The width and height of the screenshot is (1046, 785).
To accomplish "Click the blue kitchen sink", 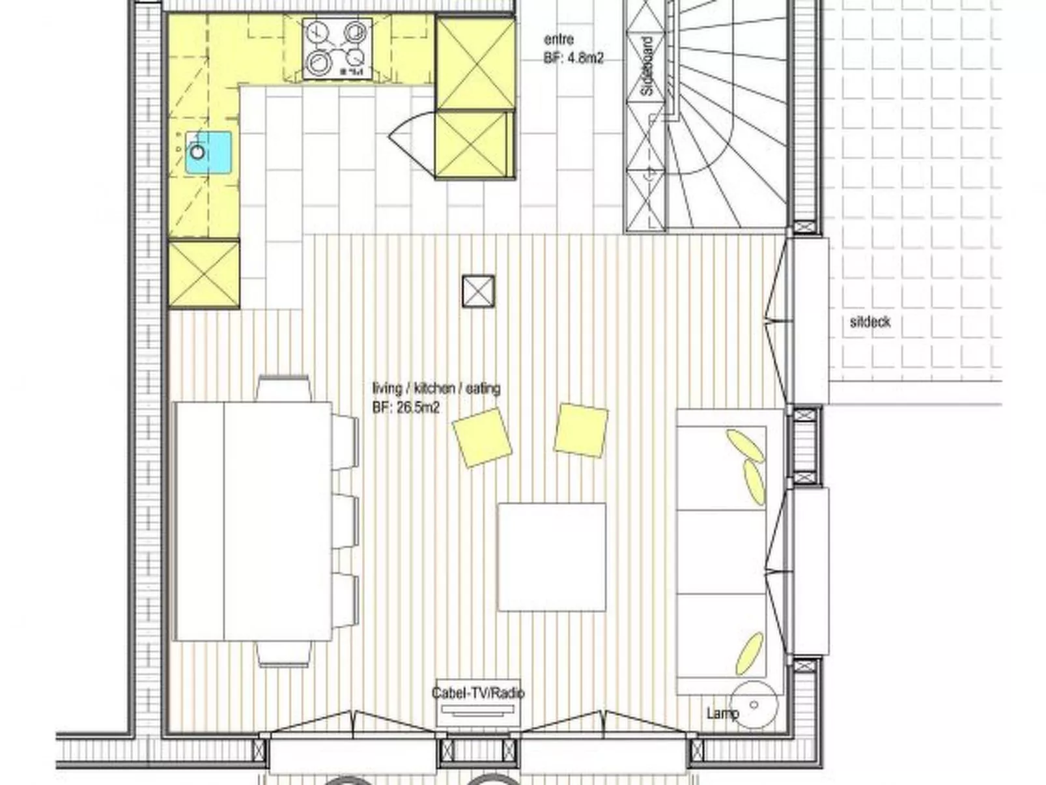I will point(208,152).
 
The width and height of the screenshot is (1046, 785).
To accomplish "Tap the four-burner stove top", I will point(336,48).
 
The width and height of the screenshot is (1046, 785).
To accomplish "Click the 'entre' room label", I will point(558,40).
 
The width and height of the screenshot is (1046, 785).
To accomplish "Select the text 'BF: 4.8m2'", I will point(573,58).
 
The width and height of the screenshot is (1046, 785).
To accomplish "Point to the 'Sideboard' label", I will point(647,66).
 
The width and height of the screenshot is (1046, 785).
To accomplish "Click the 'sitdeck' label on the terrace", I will point(869,322).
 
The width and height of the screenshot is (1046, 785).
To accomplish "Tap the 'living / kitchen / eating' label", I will point(436,389).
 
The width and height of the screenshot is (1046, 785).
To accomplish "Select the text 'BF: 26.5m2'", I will point(406,408).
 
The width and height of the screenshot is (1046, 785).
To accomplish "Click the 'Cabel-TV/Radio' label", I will point(478,693).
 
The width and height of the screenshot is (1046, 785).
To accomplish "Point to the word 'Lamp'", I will point(722,714).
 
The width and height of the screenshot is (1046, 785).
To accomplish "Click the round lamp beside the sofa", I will point(754,705).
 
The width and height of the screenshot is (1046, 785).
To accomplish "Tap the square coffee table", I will point(552,557).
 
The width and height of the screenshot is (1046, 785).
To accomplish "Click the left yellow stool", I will point(482,437).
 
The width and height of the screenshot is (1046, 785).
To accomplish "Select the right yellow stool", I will point(581,430).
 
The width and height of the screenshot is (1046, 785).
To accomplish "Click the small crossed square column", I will point(478,291).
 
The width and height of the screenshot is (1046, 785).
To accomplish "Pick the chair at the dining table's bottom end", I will point(283,653).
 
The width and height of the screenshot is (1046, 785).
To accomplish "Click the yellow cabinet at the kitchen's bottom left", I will point(204,273).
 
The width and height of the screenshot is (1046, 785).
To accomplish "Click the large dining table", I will point(253,521).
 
